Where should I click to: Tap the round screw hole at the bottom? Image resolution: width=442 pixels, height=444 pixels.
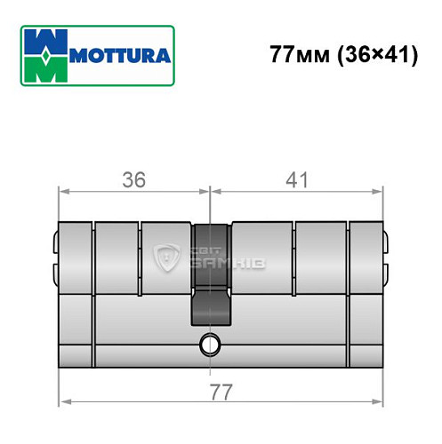[x=211, y=341]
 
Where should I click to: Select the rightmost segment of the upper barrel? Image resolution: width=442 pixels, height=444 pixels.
[x=366, y=257]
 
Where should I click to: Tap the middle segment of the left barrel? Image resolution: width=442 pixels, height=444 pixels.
[x=117, y=257]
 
